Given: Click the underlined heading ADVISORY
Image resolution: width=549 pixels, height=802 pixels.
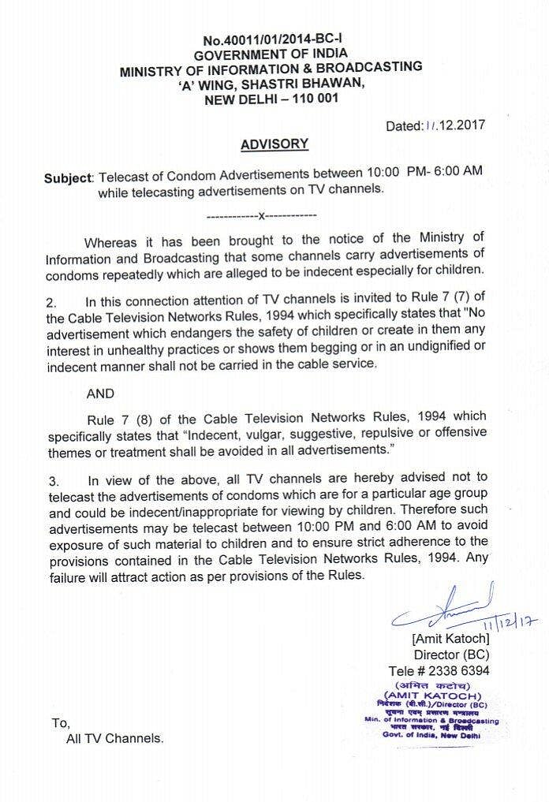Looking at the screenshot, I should (x=274, y=144).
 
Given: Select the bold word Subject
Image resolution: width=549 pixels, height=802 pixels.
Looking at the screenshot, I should (x=68, y=179).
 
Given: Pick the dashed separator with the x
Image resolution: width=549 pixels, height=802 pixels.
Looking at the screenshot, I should (x=261, y=214).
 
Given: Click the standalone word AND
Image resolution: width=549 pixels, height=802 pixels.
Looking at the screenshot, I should (x=100, y=393).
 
